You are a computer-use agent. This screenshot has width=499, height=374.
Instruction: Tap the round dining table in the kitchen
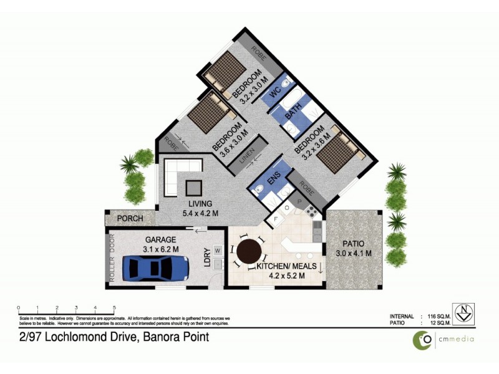click(248, 252)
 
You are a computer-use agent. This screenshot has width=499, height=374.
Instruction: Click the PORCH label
click(130, 219)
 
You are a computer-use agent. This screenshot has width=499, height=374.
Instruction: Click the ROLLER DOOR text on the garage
click(112, 259)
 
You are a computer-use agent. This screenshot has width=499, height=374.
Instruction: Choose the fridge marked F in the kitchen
click(274, 219)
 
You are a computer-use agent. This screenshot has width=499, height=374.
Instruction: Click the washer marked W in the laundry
click(217, 250)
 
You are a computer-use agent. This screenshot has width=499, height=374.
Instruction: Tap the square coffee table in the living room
click(193, 188)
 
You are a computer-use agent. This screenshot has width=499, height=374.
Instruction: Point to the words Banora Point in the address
click(177, 337)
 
